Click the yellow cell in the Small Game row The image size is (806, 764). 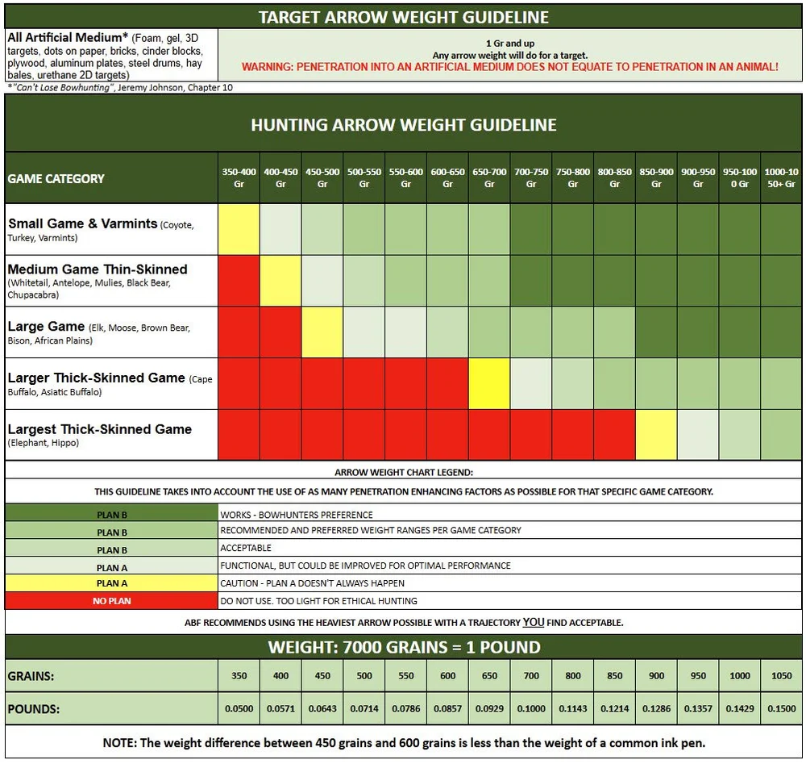(x=239, y=229)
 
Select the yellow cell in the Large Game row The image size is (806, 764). (x=322, y=332)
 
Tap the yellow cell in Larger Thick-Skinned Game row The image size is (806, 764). (x=489, y=383)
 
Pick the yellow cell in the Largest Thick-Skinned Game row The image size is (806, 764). (x=656, y=435)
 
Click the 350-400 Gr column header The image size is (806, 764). (x=239, y=177)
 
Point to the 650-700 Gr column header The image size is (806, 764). (x=489, y=177)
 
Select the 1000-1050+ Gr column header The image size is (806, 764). (x=781, y=177)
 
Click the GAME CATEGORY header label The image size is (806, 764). (x=56, y=178)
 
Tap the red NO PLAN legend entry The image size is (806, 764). (x=111, y=600)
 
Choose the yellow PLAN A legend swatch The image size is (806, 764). (x=111, y=583)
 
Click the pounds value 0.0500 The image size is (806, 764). (x=239, y=708)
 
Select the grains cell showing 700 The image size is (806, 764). (x=531, y=675)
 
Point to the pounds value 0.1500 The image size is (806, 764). (x=781, y=708)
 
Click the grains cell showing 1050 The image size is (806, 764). (x=781, y=675)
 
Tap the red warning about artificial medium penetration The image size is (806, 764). (x=510, y=67)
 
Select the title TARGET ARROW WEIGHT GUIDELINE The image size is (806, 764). (x=404, y=17)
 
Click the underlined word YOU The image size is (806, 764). (x=534, y=622)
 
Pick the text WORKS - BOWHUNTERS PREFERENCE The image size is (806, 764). (x=297, y=515)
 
